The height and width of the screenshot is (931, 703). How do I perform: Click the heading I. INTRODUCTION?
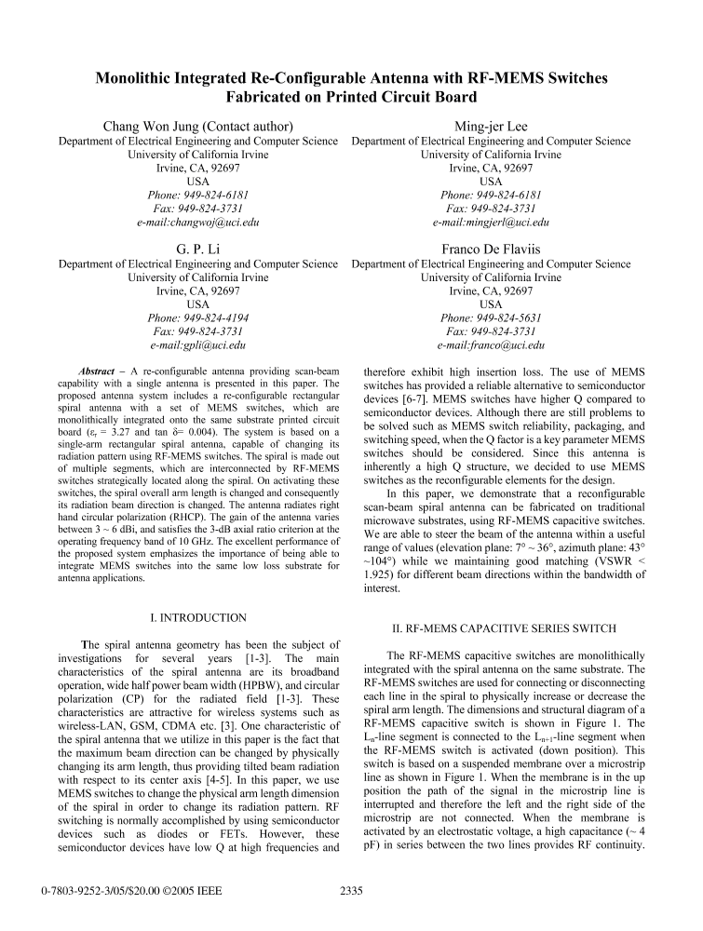pos(198,617)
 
